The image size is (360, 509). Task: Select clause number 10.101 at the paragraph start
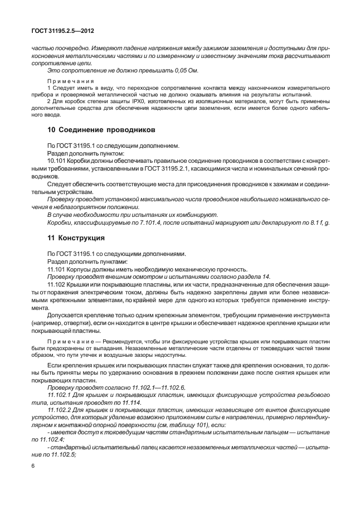click(57, 160)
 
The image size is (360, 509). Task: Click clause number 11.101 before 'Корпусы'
click(57, 268)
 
